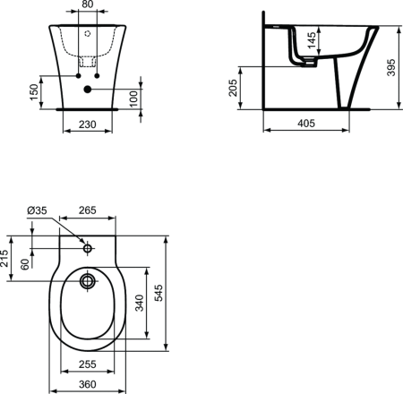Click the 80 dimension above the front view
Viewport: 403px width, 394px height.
point(87,4)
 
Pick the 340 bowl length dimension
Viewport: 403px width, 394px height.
point(137,303)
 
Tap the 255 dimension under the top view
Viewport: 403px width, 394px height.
point(87,364)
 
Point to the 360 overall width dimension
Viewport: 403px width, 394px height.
point(87,383)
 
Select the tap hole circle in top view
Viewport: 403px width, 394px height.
point(87,245)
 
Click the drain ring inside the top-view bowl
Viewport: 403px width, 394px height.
point(87,282)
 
